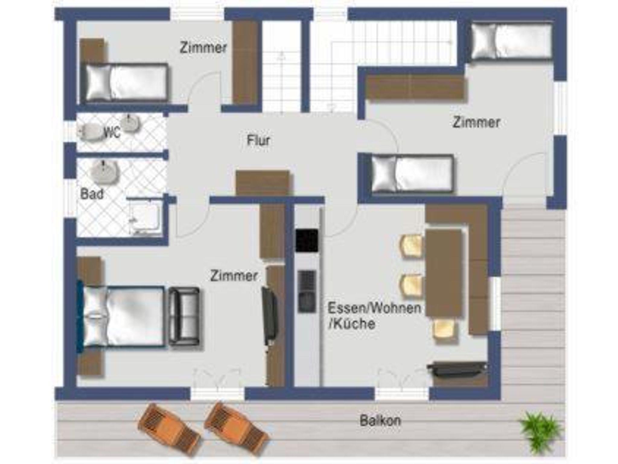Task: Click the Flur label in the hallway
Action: click(258, 141)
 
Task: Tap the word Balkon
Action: click(380, 421)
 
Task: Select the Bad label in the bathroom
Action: click(92, 194)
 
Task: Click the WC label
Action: click(112, 132)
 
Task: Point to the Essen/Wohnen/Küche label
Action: click(374, 316)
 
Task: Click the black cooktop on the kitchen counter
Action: click(307, 240)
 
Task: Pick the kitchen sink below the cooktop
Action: click(307, 291)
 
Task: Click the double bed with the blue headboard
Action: click(121, 316)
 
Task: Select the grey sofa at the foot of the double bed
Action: click(184, 316)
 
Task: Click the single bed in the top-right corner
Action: click(511, 42)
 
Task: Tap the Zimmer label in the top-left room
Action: click(203, 48)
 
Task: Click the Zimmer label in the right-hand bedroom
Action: click(476, 122)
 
